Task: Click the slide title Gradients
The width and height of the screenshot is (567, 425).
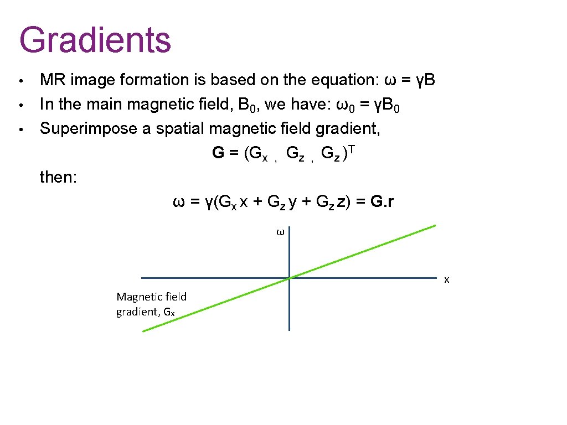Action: click(95, 39)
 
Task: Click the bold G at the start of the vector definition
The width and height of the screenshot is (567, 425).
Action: click(218, 153)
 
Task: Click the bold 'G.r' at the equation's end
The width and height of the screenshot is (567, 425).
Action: click(382, 202)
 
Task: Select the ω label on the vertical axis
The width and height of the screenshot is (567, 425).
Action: click(280, 233)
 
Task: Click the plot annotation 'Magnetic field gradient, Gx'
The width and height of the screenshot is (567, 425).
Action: click(151, 304)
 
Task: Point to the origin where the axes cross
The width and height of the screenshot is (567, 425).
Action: click(289, 278)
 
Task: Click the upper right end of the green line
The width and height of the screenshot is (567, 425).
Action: click(435, 225)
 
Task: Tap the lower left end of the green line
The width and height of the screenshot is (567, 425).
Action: click(143, 331)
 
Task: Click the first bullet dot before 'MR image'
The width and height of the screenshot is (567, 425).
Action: click(20, 81)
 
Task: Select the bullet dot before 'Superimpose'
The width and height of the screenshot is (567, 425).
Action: click(20, 129)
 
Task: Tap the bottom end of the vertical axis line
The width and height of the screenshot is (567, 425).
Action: click(289, 330)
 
